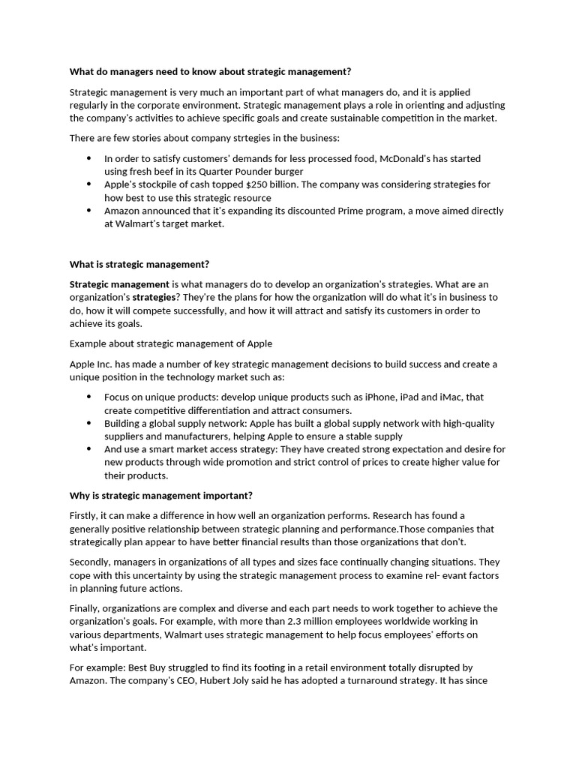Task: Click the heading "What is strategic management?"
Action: pyautogui.click(x=139, y=264)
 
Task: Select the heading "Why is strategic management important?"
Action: pyautogui.click(x=161, y=496)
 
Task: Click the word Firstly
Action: pyautogui.click(x=83, y=515)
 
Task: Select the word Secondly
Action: pyautogui.click(x=92, y=562)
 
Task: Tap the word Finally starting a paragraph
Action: pyautogui.click(x=84, y=608)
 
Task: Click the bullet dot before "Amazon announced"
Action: pyautogui.click(x=88, y=211)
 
